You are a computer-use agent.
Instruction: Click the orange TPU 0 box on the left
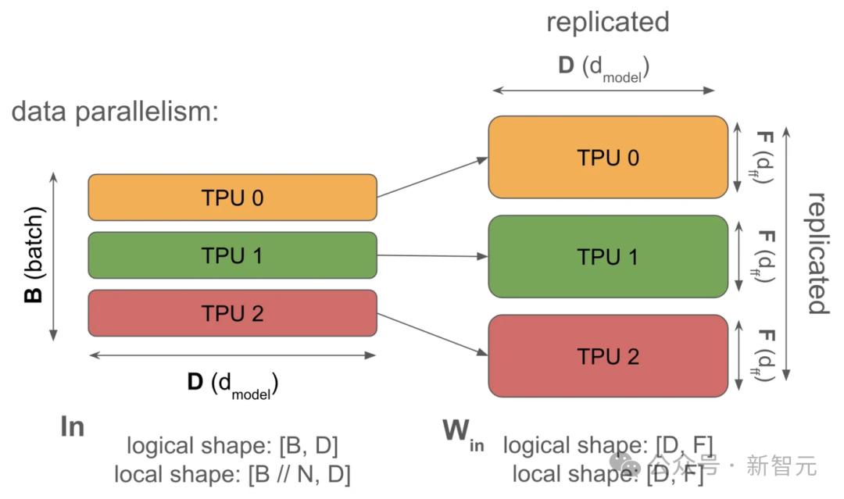tap(232, 198)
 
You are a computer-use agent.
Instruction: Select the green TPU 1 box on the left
tap(232, 255)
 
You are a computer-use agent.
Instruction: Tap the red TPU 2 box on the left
tap(232, 313)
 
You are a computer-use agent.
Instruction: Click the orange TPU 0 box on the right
tap(607, 157)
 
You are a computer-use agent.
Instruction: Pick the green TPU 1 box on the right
tap(607, 256)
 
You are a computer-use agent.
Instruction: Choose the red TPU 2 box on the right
tap(607, 355)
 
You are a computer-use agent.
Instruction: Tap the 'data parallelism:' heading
tap(114, 112)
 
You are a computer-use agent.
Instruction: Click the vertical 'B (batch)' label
tap(36, 255)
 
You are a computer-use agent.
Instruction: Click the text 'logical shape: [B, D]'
tap(232, 446)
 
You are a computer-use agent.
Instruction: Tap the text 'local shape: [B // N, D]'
tap(232, 473)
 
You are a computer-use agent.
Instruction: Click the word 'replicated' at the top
tap(607, 22)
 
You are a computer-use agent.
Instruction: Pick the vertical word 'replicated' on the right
tap(817, 253)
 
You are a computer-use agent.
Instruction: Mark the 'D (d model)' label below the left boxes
tap(232, 383)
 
